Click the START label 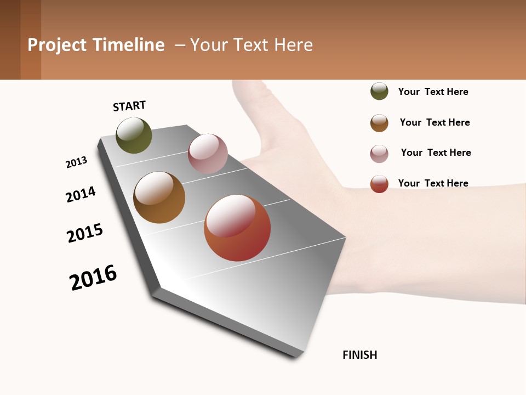129,106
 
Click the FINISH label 360,355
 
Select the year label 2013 77,162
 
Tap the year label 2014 81,194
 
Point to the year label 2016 94,277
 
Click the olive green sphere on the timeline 134,136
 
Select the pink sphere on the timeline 208,154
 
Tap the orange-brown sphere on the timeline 159,198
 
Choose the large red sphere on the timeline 237,228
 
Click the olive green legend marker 379,91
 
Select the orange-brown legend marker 379,123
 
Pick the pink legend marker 379,154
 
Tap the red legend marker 379,184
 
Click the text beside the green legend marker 433,92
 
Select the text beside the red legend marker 433,183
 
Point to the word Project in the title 58,45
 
